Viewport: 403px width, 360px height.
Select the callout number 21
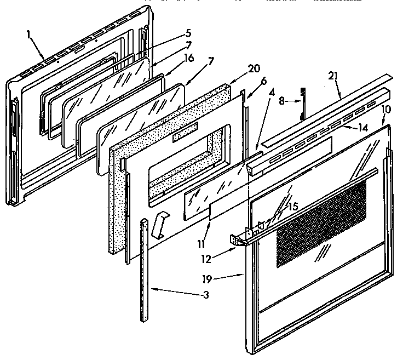pos(331,75)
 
